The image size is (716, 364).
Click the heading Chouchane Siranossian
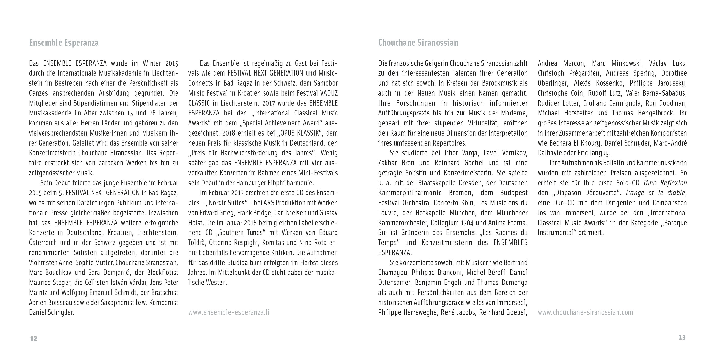418,43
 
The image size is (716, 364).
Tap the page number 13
682,338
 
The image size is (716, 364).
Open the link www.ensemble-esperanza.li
229,313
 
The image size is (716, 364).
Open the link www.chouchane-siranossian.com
585,313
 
